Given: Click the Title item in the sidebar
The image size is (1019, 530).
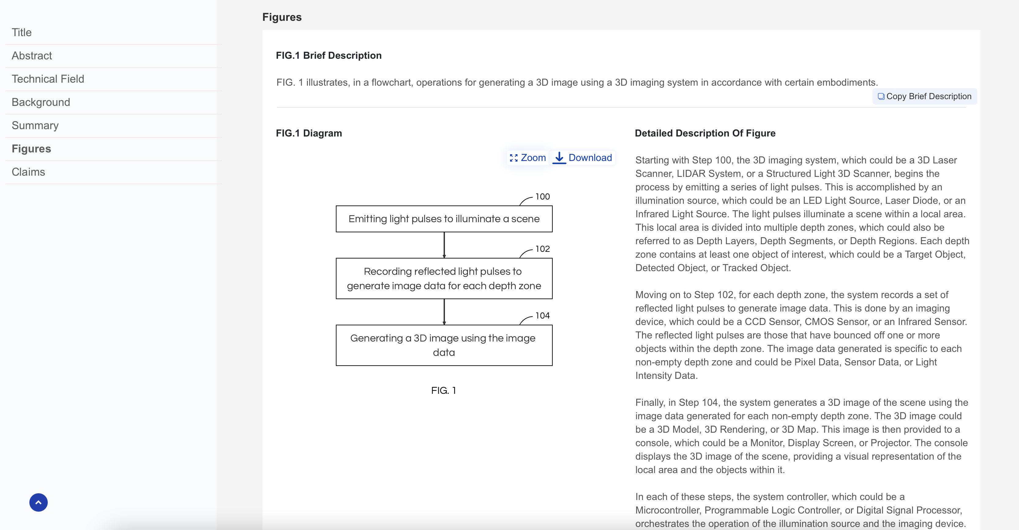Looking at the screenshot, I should [x=22, y=32].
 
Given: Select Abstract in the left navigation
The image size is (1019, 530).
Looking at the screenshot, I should [x=32, y=56].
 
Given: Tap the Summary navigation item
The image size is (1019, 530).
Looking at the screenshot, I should [x=35, y=126].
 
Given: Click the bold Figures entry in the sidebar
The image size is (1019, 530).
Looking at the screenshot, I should [x=31, y=149].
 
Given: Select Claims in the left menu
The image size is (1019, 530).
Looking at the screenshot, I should [x=28, y=172].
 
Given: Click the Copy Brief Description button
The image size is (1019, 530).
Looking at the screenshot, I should [x=924, y=96].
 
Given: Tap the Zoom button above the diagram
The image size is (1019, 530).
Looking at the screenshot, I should [x=528, y=158].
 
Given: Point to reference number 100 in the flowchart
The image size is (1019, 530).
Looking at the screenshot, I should [x=542, y=196].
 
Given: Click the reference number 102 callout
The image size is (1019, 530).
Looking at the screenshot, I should [x=542, y=249].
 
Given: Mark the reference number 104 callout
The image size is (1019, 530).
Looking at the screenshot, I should [x=542, y=315].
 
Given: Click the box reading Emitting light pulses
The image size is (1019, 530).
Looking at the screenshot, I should [x=444, y=219].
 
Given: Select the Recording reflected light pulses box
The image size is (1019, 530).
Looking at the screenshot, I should [x=444, y=278].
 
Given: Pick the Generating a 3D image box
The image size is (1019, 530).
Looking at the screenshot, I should [x=444, y=345].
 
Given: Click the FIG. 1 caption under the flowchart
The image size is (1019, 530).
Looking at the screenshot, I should [x=443, y=391].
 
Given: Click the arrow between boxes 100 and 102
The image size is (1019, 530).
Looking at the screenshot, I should [x=444, y=245].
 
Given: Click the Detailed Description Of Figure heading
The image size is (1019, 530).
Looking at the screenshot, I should [x=705, y=133].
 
